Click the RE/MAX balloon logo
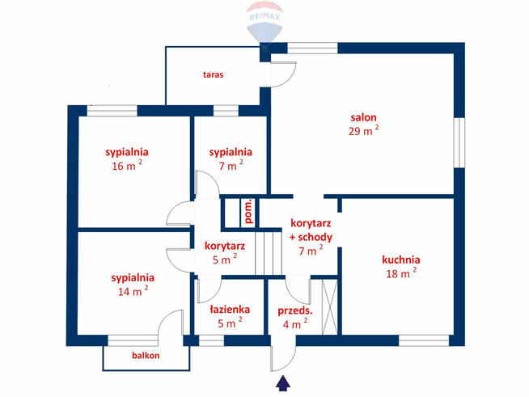pos(264,25)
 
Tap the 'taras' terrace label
pos(213,74)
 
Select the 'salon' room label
pos(363,117)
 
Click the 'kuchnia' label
pos(401,260)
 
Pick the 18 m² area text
pos(400,273)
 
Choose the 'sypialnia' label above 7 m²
pos(231,152)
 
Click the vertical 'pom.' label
pos(249,211)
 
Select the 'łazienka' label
pos(230,309)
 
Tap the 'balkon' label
pos(146,355)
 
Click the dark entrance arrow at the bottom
pos(282,382)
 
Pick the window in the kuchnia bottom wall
pos(423,340)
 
